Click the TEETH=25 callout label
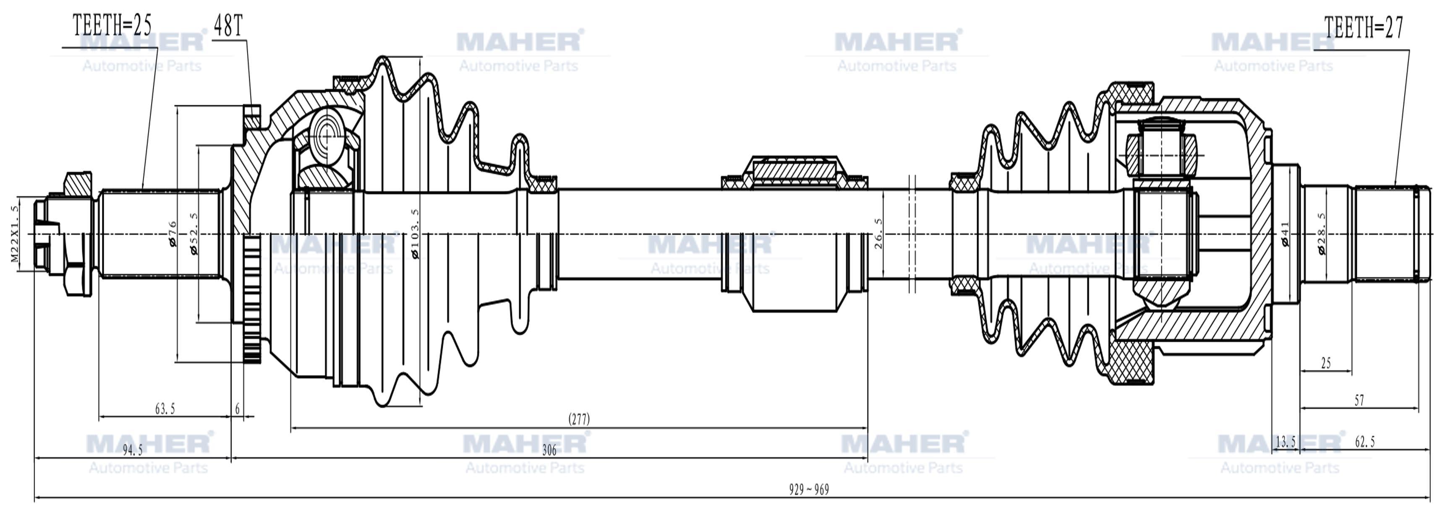tap(112, 26)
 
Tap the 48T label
tap(228, 25)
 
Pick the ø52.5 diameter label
tap(194, 233)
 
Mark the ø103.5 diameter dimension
tap(415, 234)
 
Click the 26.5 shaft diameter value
tap(878, 234)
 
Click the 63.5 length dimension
tap(165, 409)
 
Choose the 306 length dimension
tap(549, 450)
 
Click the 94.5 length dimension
tap(132, 450)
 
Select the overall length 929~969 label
tap(809, 490)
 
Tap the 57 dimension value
tap(1359, 400)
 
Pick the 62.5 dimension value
tap(1365, 442)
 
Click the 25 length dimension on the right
tap(1325, 363)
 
